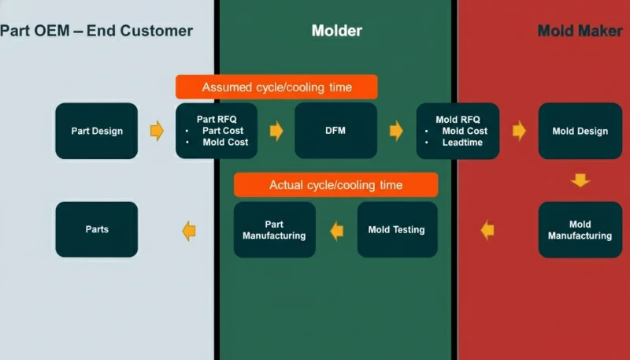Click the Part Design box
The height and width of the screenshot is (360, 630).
tap(97, 131)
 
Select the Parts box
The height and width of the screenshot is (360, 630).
tap(97, 229)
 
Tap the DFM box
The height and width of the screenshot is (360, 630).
tap(335, 131)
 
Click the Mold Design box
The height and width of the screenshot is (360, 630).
tap(580, 131)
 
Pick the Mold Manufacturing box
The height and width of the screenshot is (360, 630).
tap(580, 230)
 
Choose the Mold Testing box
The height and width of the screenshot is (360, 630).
tap(396, 230)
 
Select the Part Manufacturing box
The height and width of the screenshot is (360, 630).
tap(274, 230)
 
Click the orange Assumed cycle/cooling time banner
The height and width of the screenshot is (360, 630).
tap(276, 87)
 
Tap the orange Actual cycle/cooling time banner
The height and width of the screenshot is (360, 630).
tap(335, 185)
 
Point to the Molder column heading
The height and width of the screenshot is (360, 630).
tap(336, 31)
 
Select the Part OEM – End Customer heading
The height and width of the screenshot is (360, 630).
tap(96, 31)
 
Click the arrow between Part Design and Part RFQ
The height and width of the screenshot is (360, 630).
tap(157, 131)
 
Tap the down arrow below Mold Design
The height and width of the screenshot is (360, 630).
tap(580, 180)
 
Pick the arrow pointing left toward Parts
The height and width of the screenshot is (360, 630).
tap(189, 230)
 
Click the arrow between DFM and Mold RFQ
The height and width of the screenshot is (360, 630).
tap(396, 131)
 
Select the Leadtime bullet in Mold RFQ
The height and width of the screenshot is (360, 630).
tap(463, 143)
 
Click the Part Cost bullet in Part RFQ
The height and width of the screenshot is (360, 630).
tap(223, 131)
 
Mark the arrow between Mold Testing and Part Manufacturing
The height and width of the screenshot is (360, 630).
tap(337, 230)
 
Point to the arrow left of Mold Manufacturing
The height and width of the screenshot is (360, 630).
tap(487, 230)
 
